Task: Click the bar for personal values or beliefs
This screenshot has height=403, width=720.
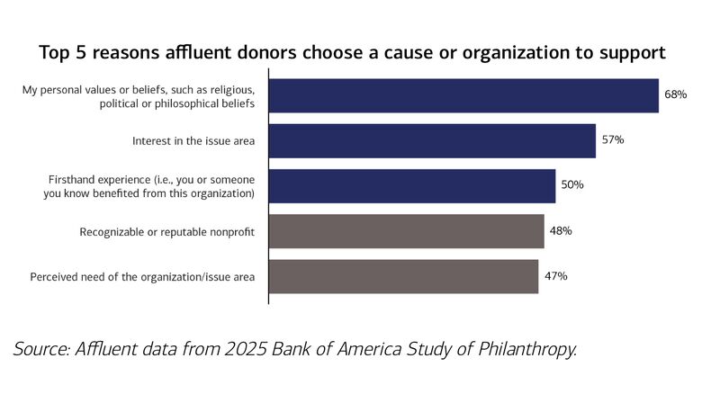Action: [x=463, y=96]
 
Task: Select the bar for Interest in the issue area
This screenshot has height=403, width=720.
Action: [x=432, y=140]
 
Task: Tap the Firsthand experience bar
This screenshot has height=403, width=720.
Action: [x=412, y=185]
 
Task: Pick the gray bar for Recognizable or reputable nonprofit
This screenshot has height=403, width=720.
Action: [x=407, y=231]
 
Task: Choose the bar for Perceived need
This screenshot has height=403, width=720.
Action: [x=403, y=276]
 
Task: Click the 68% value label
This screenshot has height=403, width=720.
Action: [x=676, y=94]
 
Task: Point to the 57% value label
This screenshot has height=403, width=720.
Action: [x=613, y=140]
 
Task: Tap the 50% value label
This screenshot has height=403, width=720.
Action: [x=572, y=185]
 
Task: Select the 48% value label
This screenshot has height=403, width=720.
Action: [x=560, y=231]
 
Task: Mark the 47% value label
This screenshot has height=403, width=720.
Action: [x=554, y=276]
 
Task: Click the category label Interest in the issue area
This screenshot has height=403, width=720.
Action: [x=193, y=141]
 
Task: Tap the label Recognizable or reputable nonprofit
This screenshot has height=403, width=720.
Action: [x=168, y=232]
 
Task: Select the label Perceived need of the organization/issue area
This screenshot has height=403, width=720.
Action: [x=143, y=277]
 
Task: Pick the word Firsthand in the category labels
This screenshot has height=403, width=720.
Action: [x=75, y=180]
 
